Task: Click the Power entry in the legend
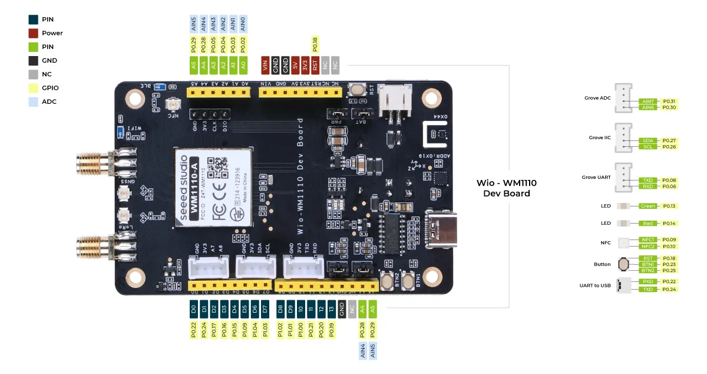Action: click(52, 33)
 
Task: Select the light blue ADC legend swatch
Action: click(34, 101)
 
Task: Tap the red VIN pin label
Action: click(265, 64)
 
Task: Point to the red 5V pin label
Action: click(295, 64)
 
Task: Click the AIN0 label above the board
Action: click(243, 24)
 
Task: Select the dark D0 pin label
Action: click(193, 307)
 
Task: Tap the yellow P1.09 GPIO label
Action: click(244, 330)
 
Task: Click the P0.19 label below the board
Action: click(332, 330)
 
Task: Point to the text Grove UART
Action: click(596, 177)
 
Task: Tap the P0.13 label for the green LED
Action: click(669, 206)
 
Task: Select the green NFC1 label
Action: click(647, 240)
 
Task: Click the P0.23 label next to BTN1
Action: click(669, 264)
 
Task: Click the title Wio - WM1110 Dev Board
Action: click(506, 188)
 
